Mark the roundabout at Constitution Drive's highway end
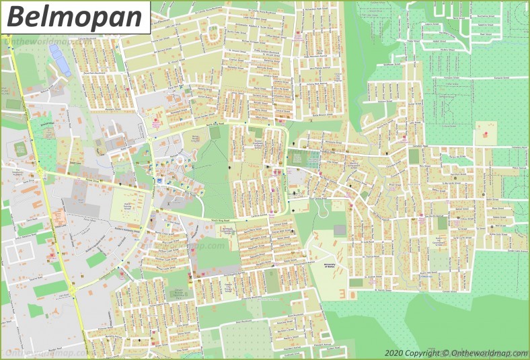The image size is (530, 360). (x=40, y=173)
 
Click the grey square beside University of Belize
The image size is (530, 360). (x=340, y=230)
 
